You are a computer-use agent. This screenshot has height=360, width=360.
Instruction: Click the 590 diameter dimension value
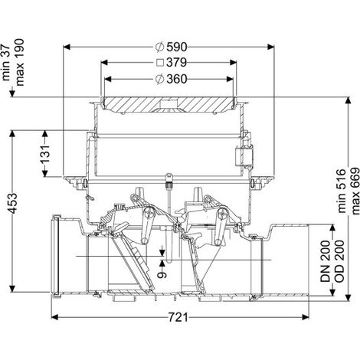click(177, 47)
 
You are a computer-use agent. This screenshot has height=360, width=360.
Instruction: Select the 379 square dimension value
click(177, 63)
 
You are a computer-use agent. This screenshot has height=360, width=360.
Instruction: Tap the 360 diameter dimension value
click(177, 79)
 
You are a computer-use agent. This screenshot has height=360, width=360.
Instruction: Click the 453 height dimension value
click(12, 204)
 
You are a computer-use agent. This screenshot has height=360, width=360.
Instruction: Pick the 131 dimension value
click(45, 155)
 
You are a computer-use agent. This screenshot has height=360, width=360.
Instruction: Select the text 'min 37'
click(6, 63)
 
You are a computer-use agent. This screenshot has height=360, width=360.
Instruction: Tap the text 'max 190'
click(19, 62)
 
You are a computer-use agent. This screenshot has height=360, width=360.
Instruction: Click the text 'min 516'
click(342, 191)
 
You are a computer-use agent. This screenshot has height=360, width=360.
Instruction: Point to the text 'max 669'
click(355, 191)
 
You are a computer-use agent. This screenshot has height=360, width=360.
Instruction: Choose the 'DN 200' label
click(326, 260)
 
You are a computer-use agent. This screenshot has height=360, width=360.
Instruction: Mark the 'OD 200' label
click(339, 260)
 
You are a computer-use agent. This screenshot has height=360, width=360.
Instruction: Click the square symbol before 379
click(160, 63)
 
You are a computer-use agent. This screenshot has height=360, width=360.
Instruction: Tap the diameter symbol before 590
click(159, 47)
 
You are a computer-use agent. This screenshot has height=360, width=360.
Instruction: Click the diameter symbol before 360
click(159, 79)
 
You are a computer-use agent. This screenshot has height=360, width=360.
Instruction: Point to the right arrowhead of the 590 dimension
click(270, 47)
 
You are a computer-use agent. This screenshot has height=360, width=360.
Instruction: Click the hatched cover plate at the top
click(169, 104)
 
